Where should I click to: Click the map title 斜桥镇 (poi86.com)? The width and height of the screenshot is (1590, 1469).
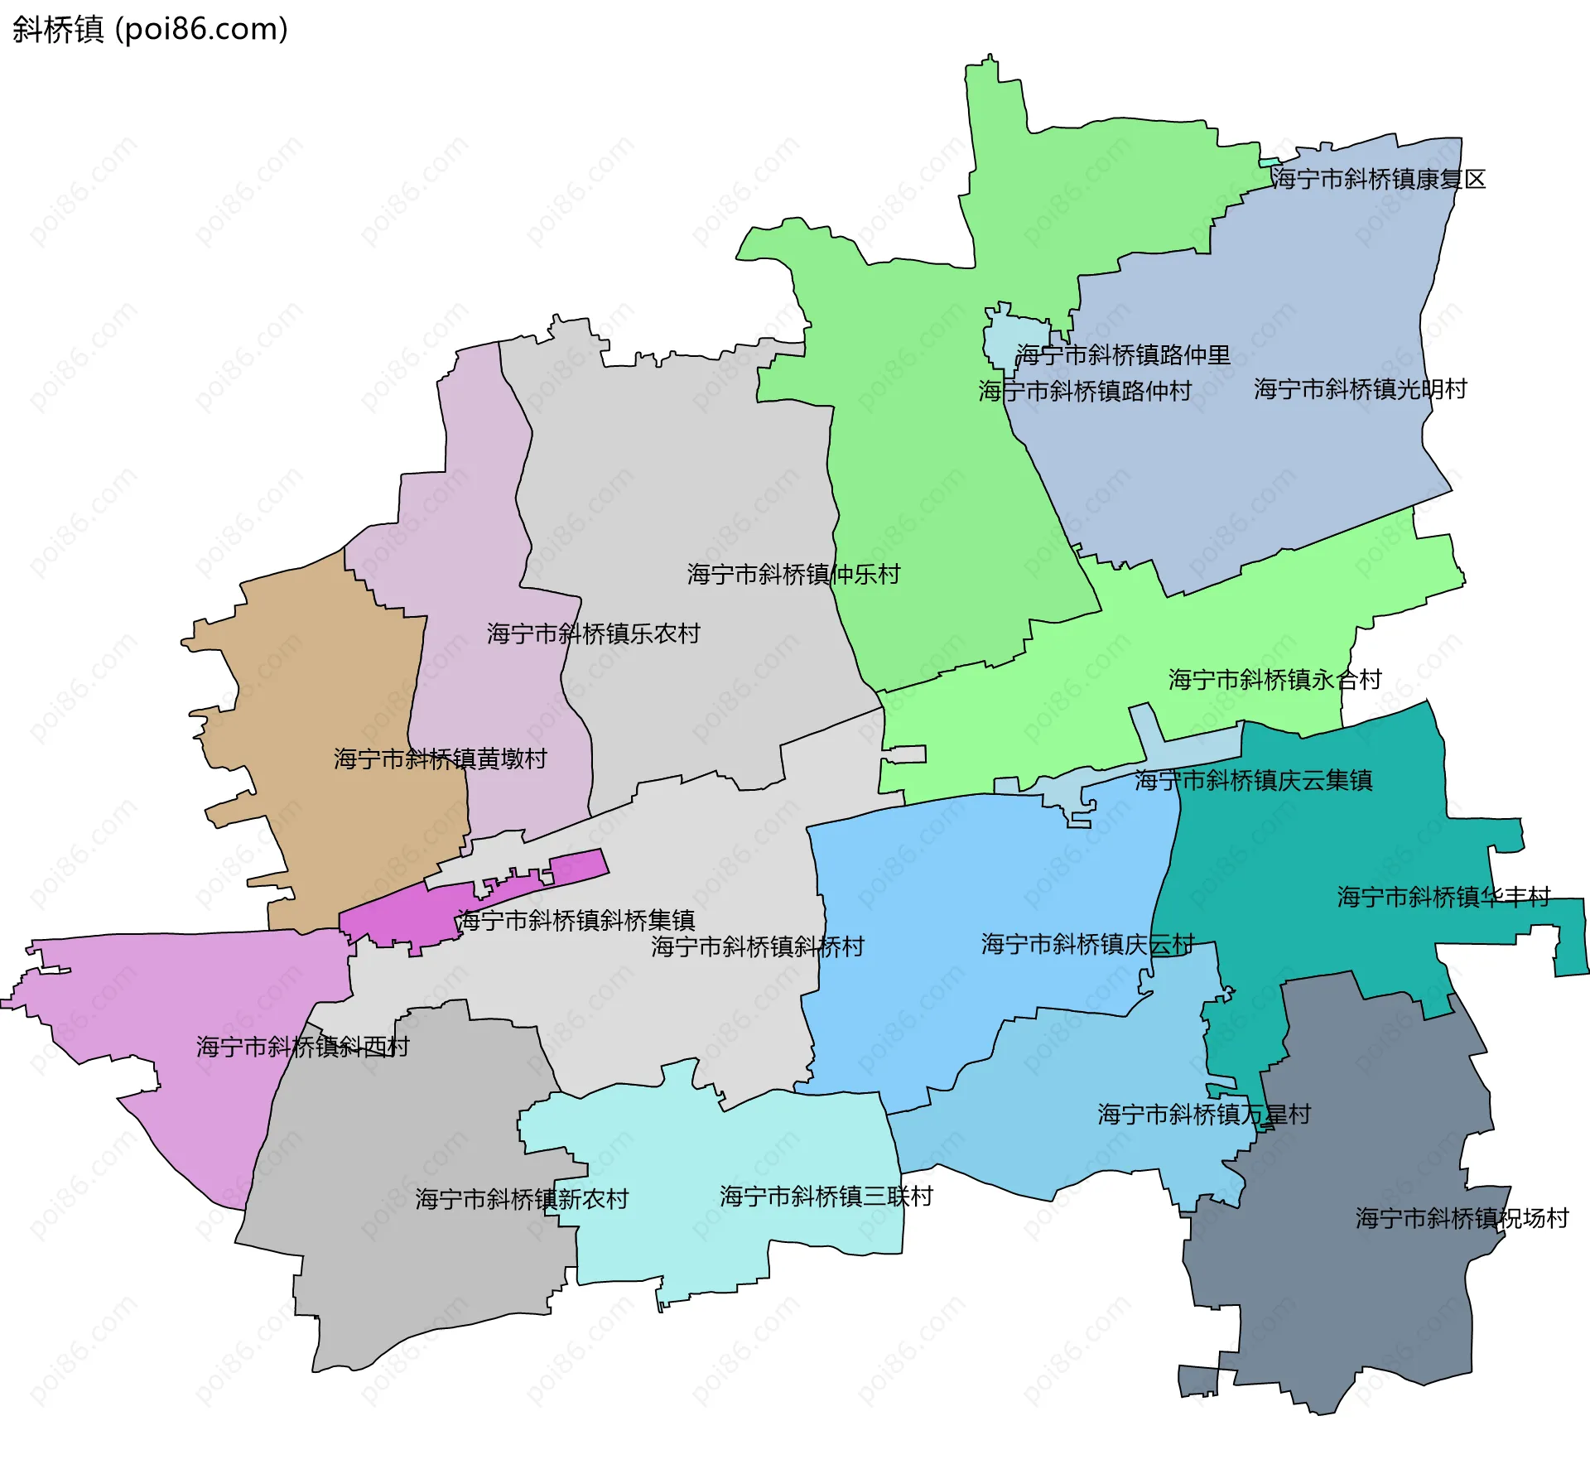(150, 29)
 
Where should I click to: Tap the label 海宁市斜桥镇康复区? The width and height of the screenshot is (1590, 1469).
(1378, 179)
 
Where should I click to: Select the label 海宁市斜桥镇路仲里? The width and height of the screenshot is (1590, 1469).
(1123, 355)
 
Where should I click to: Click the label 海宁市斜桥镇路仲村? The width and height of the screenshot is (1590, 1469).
(1085, 391)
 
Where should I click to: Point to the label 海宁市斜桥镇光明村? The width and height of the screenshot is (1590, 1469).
(1360, 389)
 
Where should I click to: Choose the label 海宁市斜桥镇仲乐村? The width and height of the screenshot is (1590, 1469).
(793, 575)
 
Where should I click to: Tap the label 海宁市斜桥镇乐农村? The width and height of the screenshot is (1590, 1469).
(593, 634)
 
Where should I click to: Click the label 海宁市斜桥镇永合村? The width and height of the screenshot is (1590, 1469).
(1274, 681)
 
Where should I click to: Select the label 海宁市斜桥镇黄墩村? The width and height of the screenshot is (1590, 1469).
(440, 759)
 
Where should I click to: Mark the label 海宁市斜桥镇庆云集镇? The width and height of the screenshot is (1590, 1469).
(1253, 781)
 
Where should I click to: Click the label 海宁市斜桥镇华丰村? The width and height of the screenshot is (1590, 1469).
(1443, 898)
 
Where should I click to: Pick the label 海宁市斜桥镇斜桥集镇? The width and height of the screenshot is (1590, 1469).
(576, 921)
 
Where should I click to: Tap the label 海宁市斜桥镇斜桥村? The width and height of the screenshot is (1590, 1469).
(757, 947)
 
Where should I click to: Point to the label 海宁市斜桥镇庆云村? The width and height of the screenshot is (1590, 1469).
(1087, 945)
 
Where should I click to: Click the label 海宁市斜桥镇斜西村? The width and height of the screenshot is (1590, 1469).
(302, 1048)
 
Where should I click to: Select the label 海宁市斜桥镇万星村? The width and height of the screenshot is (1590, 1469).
(1204, 1115)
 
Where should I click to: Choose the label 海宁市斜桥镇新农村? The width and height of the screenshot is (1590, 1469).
(522, 1200)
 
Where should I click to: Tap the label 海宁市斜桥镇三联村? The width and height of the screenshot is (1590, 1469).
(826, 1197)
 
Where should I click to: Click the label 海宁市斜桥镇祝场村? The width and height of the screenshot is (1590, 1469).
(1462, 1219)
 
